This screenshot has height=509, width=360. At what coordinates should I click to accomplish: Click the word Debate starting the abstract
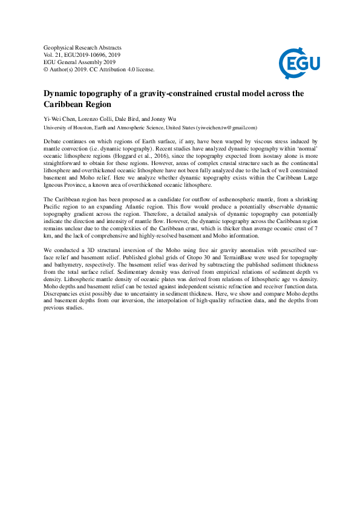click(x=54, y=140)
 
